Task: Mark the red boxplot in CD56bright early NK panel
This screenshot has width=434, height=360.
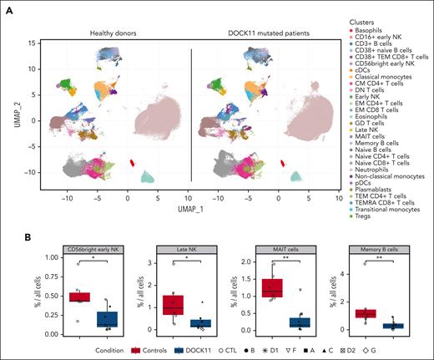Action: pyautogui.click(x=79, y=297)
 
